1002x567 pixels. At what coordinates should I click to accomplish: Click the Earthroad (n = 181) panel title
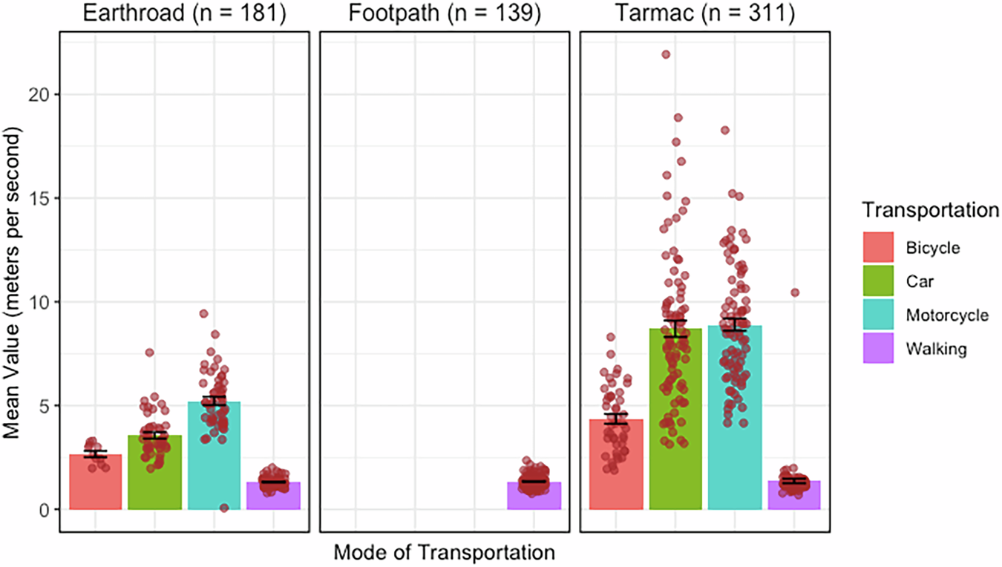pos(183,14)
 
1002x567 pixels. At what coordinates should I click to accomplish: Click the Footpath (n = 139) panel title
pos(444,14)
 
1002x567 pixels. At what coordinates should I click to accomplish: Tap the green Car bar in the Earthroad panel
pos(154,475)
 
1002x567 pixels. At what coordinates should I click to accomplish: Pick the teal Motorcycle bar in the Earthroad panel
pos(215,460)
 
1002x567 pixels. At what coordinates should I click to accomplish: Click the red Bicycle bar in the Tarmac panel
pos(616,468)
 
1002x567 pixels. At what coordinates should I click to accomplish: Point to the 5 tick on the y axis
pos(44,406)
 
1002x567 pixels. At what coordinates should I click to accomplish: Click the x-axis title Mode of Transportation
pos(444,553)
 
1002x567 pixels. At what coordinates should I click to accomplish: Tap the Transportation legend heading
pos(930,210)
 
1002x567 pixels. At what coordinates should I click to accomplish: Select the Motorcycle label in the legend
pos(947,315)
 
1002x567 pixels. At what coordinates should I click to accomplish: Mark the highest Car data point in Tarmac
pos(666,54)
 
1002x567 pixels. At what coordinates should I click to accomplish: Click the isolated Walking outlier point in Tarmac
pos(795,292)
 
